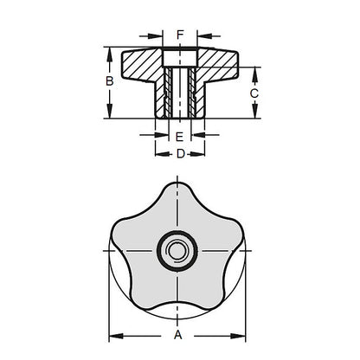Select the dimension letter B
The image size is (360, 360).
[x=110, y=82]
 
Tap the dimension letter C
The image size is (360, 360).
[x=254, y=92]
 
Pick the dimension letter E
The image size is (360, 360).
[x=178, y=137]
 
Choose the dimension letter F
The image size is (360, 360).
[x=179, y=35]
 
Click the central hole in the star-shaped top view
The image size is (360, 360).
[x=178, y=250]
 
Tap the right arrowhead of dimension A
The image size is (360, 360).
[x=245, y=335]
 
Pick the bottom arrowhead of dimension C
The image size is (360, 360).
[x=254, y=113]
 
